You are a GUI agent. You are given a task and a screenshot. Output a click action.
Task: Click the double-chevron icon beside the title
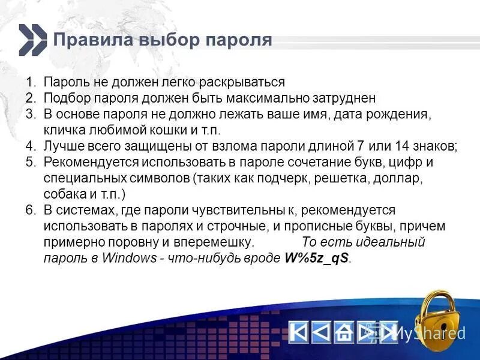coord(32,40)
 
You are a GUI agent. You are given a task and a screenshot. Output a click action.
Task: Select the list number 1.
coord(29,82)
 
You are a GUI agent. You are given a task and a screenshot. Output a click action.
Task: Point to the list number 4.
coord(30,146)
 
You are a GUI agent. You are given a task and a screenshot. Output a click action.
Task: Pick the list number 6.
coord(30,211)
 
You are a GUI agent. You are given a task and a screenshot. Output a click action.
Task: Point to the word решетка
coord(325,178)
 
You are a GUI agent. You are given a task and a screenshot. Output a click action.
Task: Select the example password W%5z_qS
coord(316,259)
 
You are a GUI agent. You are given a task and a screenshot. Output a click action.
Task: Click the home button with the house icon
coord(343,332)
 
